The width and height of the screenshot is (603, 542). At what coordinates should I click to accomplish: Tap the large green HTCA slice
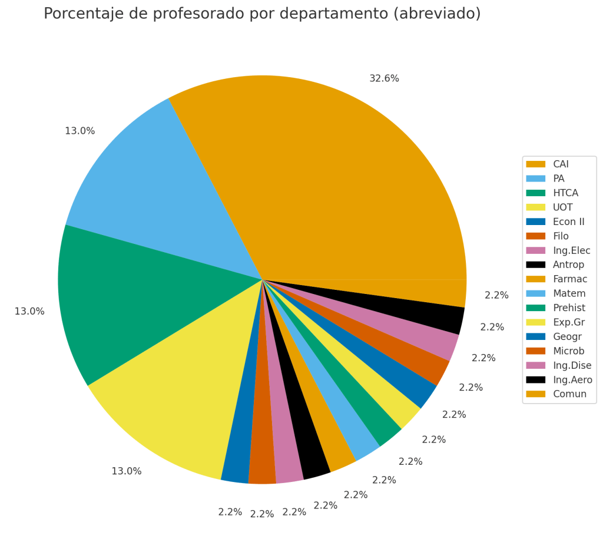[135, 295]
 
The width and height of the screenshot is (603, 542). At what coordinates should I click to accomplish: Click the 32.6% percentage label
[384, 79]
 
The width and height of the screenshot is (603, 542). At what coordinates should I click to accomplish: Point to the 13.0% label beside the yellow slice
[127, 471]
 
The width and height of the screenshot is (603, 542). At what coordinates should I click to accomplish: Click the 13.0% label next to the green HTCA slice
[29, 312]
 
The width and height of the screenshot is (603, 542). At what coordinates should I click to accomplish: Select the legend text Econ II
[569, 222]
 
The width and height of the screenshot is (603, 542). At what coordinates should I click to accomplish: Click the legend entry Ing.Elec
[572, 250]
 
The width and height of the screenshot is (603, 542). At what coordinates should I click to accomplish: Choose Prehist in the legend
[569, 308]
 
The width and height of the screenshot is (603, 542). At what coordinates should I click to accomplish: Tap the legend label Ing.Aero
[572, 380]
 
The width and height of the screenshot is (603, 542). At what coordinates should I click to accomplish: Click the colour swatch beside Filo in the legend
[536, 236]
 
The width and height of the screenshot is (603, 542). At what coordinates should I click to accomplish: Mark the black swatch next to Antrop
[536, 265]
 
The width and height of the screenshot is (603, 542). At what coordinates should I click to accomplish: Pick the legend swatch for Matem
[536, 293]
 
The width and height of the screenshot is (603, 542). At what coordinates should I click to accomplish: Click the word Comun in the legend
[570, 394]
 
